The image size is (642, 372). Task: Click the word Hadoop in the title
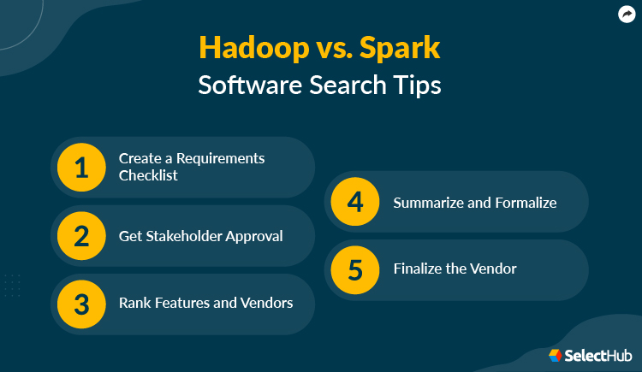click(x=244, y=48)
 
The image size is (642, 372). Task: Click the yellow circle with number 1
click(x=81, y=168)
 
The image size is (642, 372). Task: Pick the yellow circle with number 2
click(x=81, y=236)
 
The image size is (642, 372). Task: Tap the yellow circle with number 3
click(x=81, y=304)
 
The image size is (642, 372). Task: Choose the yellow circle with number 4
click(x=355, y=202)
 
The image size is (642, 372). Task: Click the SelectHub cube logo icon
click(x=555, y=354)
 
